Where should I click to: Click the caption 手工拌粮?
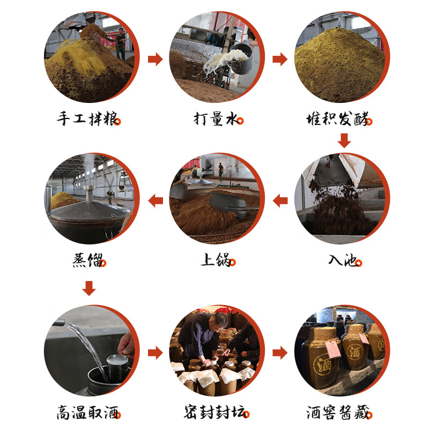87,119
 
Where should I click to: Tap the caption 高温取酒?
87,412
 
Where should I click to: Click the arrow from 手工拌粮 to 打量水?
155,59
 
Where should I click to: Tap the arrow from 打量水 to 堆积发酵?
280,59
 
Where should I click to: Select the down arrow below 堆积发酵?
344,140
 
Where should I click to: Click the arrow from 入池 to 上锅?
280,201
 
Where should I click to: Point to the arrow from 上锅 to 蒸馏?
156,201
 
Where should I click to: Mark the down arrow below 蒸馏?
89,288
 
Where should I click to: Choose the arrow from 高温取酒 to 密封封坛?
155,353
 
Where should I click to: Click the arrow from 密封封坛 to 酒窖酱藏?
280,353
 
